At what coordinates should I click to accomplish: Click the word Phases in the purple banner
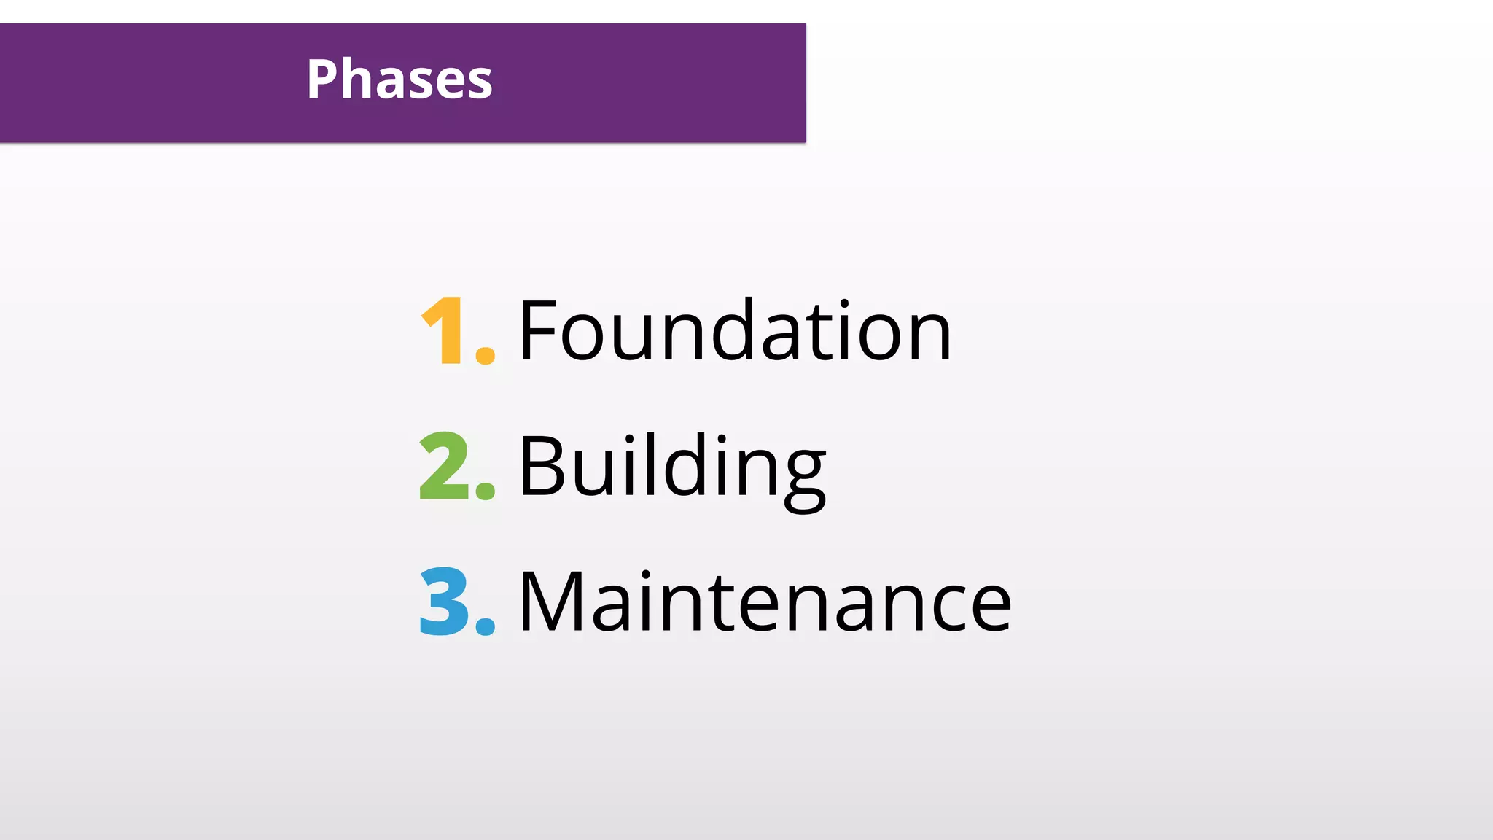[399, 79]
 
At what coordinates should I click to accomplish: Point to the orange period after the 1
[485, 354]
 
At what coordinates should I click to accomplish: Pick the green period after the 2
[485, 489]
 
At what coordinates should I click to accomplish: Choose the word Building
[672, 467]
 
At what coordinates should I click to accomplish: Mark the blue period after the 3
[485, 626]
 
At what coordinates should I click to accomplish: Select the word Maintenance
[765, 602]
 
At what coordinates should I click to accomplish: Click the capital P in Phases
[324, 79]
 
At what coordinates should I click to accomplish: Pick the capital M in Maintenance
[551, 602]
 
